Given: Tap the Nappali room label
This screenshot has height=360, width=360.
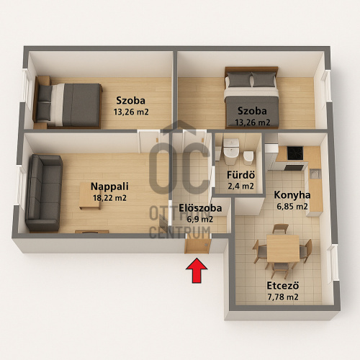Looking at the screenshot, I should pyautogui.click(x=105, y=186).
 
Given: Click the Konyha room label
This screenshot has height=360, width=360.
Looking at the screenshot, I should pyautogui.click(x=292, y=194).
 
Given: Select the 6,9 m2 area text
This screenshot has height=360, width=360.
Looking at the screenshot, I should pyautogui.click(x=199, y=219).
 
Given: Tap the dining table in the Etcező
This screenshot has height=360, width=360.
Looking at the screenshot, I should pyautogui.click(x=282, y=249).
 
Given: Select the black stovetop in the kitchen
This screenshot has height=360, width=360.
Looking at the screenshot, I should pyautogui.click(x=294, y=155).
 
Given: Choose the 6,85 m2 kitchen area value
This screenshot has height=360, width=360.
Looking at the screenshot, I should pyautogui.click(x=292, y=207).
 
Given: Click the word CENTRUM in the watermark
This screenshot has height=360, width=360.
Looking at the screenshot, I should pyautogui.click(x=179, y=232).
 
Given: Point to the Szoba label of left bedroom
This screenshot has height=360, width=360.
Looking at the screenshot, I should pyautogui.click(x=131, y=100).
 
